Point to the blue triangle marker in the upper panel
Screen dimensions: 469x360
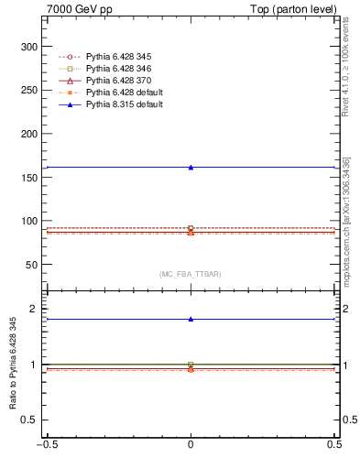(191, 167)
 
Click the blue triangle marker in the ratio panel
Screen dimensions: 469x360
(191, 320)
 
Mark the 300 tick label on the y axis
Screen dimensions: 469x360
(29, 47)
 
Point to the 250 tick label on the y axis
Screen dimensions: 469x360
(29, 90)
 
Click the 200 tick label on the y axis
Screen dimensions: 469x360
(29, 134)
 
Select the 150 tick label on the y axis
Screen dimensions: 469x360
(29, 177)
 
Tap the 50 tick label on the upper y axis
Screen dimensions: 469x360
(32, 265)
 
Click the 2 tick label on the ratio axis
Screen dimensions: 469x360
(36, 310)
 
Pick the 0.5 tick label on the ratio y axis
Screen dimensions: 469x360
(31, 420)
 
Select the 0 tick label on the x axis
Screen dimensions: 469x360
(191, 458)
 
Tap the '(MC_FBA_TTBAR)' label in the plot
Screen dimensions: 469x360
(191, 275)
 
